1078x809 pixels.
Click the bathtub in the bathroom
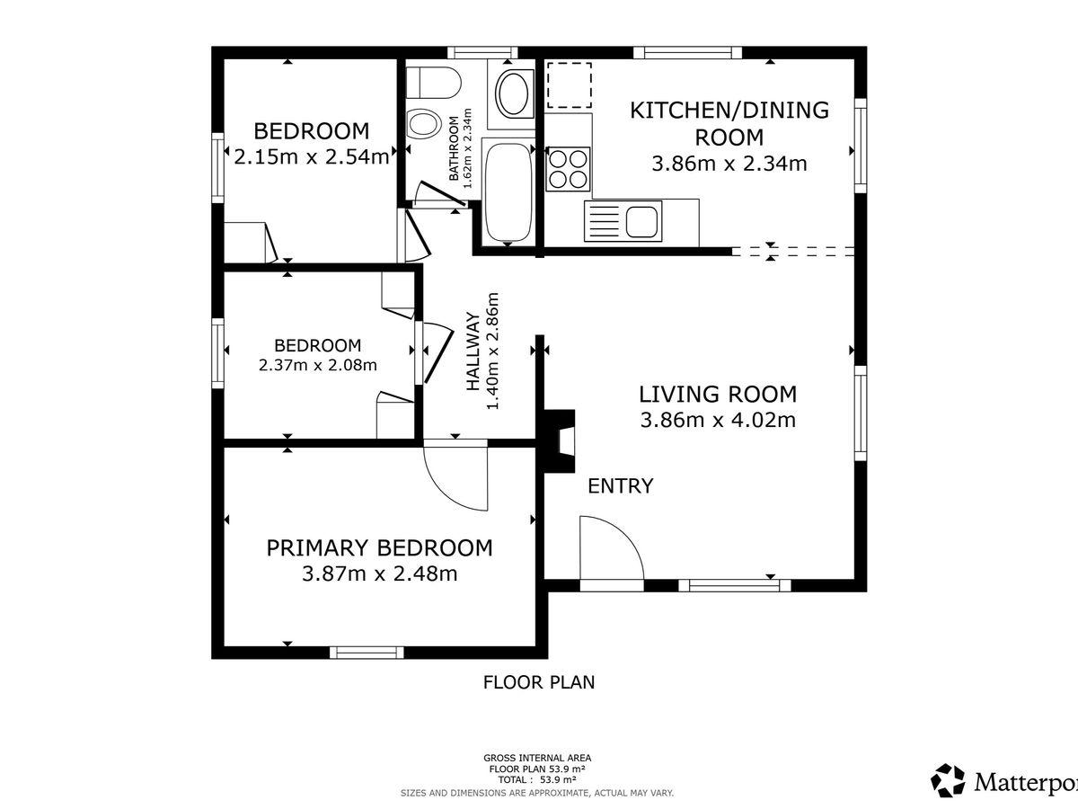click(x=508, y=192)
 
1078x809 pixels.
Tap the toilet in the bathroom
click(x=433, y=84)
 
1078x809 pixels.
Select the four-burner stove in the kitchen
click(x=568, y=169)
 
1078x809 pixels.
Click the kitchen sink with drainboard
click(x=623, y=221)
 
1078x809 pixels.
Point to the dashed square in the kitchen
click(x=570, y=85)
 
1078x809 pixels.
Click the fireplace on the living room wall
click(x=559, y=441)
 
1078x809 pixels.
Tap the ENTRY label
click(x=620, y=485)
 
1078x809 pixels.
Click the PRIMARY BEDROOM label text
click(x=379, y=547)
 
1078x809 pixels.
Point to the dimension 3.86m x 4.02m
click(x=718, y=420)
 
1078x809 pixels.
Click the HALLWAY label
click(x=473, y=351)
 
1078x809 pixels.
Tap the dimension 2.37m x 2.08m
click(x=318, y=365)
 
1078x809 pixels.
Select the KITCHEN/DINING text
click(x=729, y=110)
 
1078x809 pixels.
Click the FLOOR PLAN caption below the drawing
click(x=539, y=682)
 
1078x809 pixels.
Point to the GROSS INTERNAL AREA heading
click(x=537, y=758)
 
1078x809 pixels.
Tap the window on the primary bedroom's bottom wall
click(x=367, y=653)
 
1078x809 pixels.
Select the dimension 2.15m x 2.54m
click(x=312, y=157)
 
